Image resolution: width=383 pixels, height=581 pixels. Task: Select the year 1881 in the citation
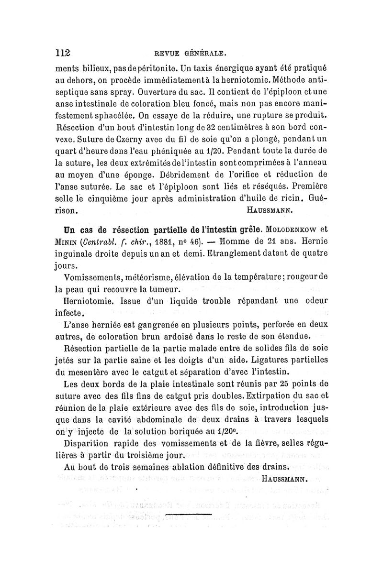pyautogui.click(x=158, y=237)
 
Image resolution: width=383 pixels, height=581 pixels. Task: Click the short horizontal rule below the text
pyautogui.click(x=191, y=515)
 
